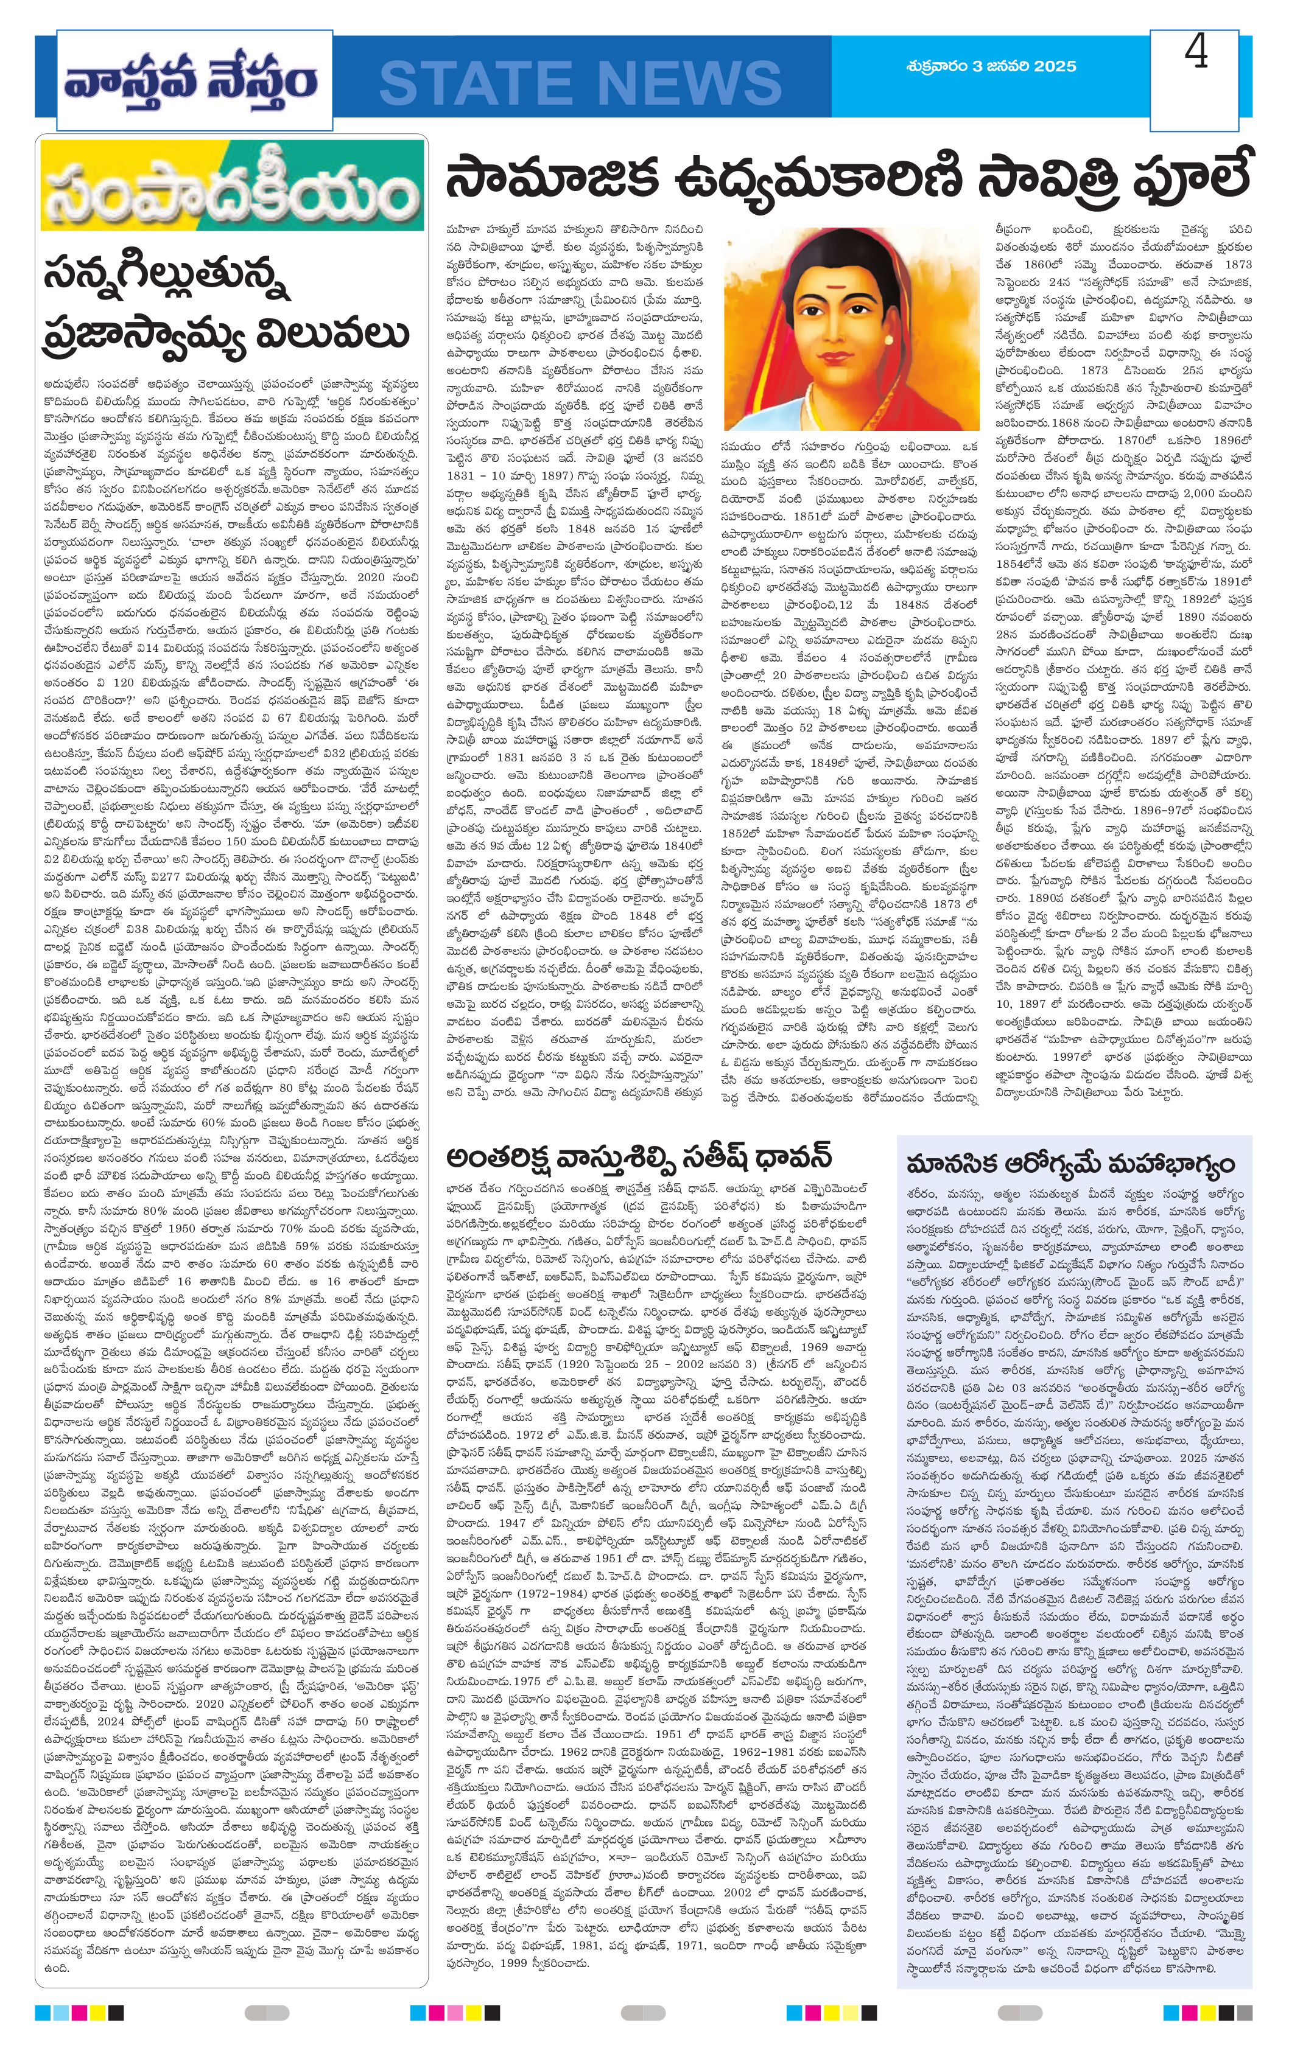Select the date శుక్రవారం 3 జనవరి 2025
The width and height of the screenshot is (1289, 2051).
(x=991, y=66)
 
